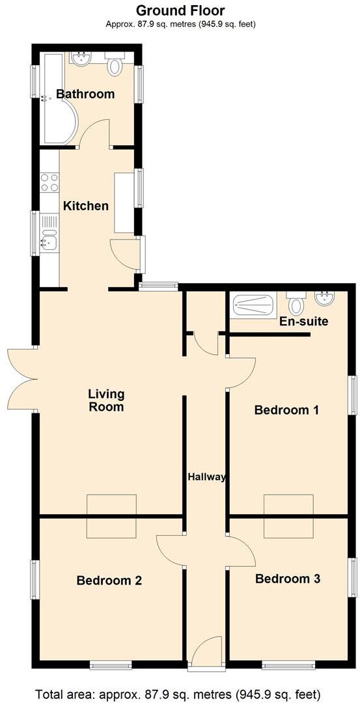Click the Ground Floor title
pos(180,10)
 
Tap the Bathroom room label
pos(85,94)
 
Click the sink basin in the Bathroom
pos(81,60)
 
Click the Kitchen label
pos(85,206)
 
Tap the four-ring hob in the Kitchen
pos(49,182)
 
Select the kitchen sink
pos(49,241)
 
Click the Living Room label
pos(106,400)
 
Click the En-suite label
pos(303,322)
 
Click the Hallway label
pos(206,476)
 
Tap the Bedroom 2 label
pos(109,581)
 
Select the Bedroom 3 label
pos(287,579)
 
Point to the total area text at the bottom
pos(178,693)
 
